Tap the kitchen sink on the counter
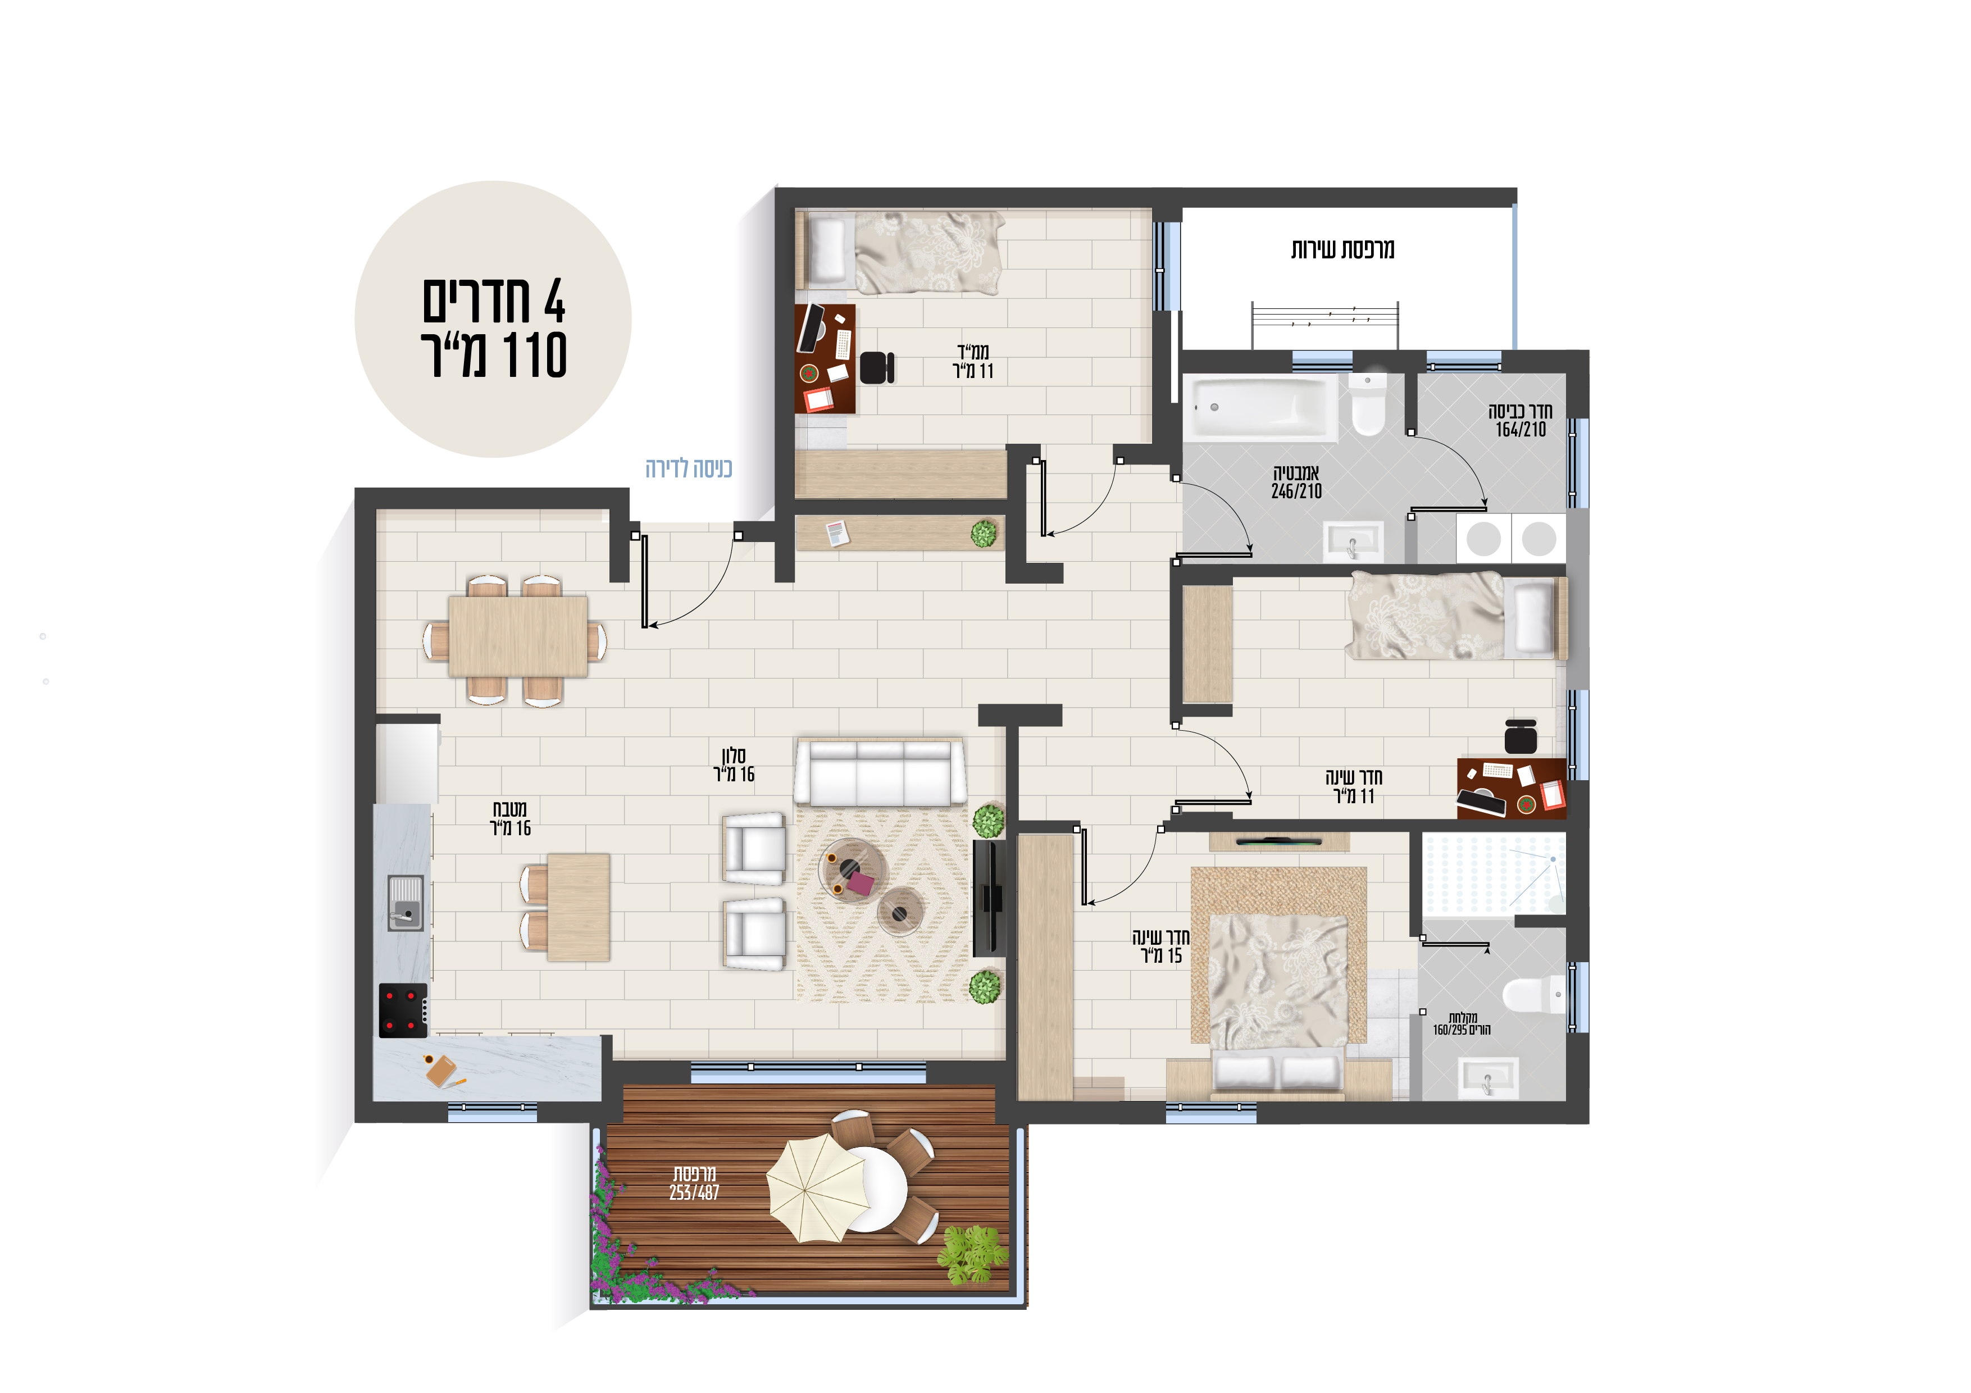(x=405, y=903)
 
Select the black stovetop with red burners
(x=403, y=1010)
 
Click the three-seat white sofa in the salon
(x=880, y=771)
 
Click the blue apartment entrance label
(x=689, y=468)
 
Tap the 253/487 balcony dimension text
(x=694, y=1192)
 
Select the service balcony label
(x=1342, y=249)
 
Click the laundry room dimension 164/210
(x=1521, y=429)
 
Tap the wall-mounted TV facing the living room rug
(x=990, y=898)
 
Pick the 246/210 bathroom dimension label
(x=1296, y=491)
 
